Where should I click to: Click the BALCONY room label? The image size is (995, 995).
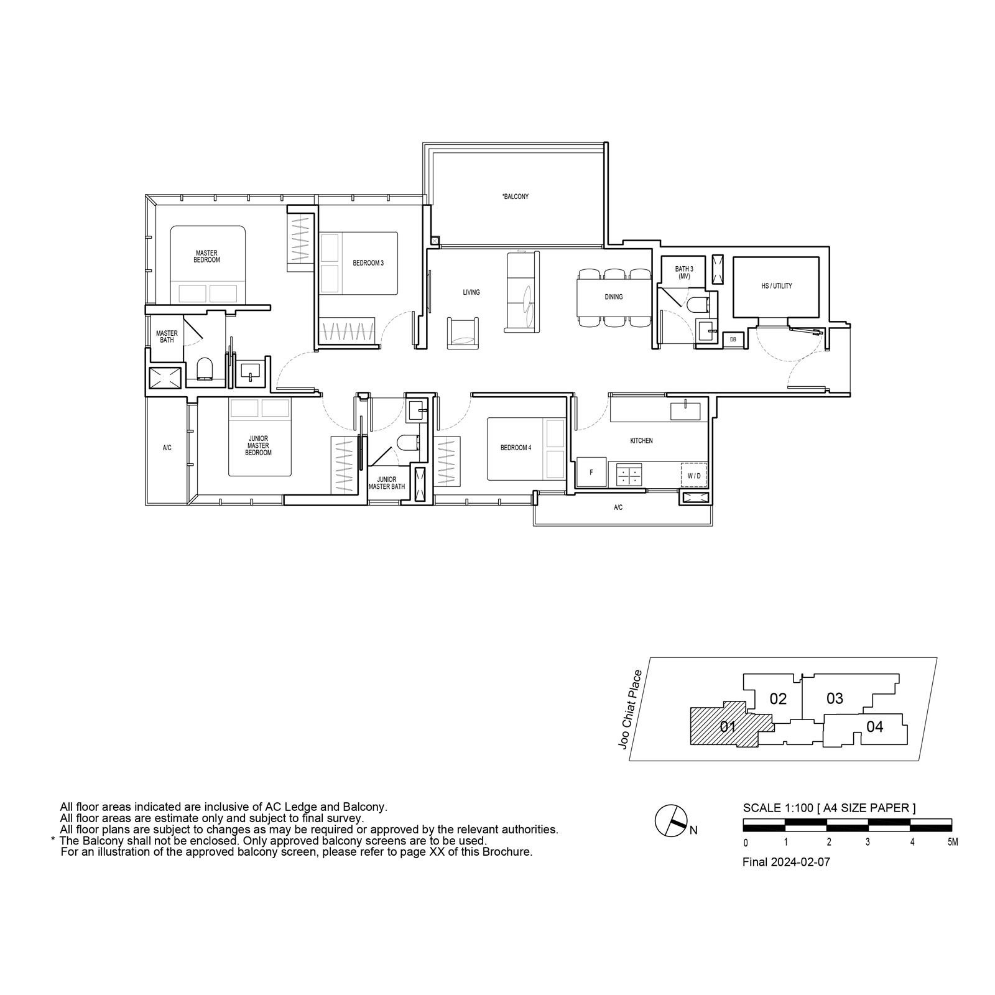coord(516,197)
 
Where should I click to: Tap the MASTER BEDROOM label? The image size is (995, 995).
coord(206,256)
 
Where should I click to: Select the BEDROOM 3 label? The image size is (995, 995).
coord(368,263)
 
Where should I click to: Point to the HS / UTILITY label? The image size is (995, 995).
coord(777,286)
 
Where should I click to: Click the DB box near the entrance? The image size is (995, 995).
coord(733,340)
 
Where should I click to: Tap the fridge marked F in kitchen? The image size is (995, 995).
coord(591,473)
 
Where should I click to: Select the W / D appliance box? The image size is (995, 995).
coord(694,476)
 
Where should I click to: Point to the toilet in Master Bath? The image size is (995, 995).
coord(205,369)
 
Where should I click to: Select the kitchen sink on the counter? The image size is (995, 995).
coord(685,411)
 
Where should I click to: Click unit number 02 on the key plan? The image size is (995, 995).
coord(778,699)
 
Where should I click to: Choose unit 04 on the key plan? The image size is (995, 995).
coord(874,726)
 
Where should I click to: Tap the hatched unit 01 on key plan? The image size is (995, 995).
coord(728,726)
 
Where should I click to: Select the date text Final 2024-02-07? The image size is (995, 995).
coord(787,863)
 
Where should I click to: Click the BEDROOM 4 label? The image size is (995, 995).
coord(516,447)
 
